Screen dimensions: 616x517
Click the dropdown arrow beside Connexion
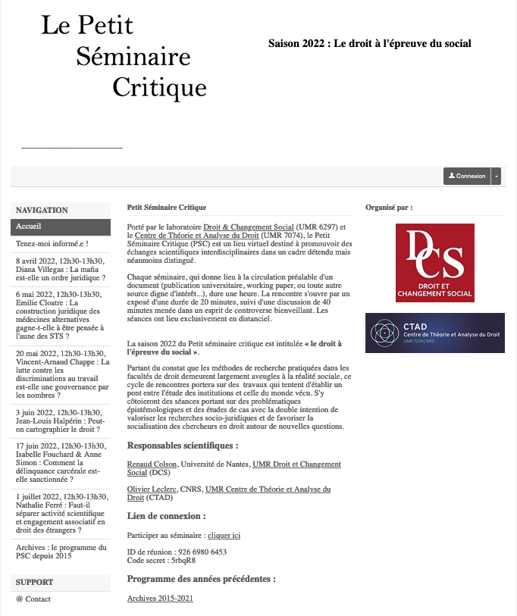click(x=497, y=176)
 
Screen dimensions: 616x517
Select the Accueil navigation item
click(x=61, y=227)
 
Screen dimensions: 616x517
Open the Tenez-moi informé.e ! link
click(x=52, y=244)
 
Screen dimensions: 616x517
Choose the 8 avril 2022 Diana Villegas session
click(x=61, y=269)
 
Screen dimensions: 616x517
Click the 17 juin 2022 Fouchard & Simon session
click(x=61, y=463)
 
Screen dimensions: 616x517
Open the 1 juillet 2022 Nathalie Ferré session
click(x=61, y=513)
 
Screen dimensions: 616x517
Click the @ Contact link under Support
click(x=33, y=599)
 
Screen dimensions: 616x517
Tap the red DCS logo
click(x=434, y=262)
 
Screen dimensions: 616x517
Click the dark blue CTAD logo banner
click(x=434, y=333)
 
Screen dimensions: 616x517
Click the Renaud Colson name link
click(x=152, y=464)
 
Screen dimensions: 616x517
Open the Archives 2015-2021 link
click(x=160, y=599)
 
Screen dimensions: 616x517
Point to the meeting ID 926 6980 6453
click(x=197, y=552)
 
